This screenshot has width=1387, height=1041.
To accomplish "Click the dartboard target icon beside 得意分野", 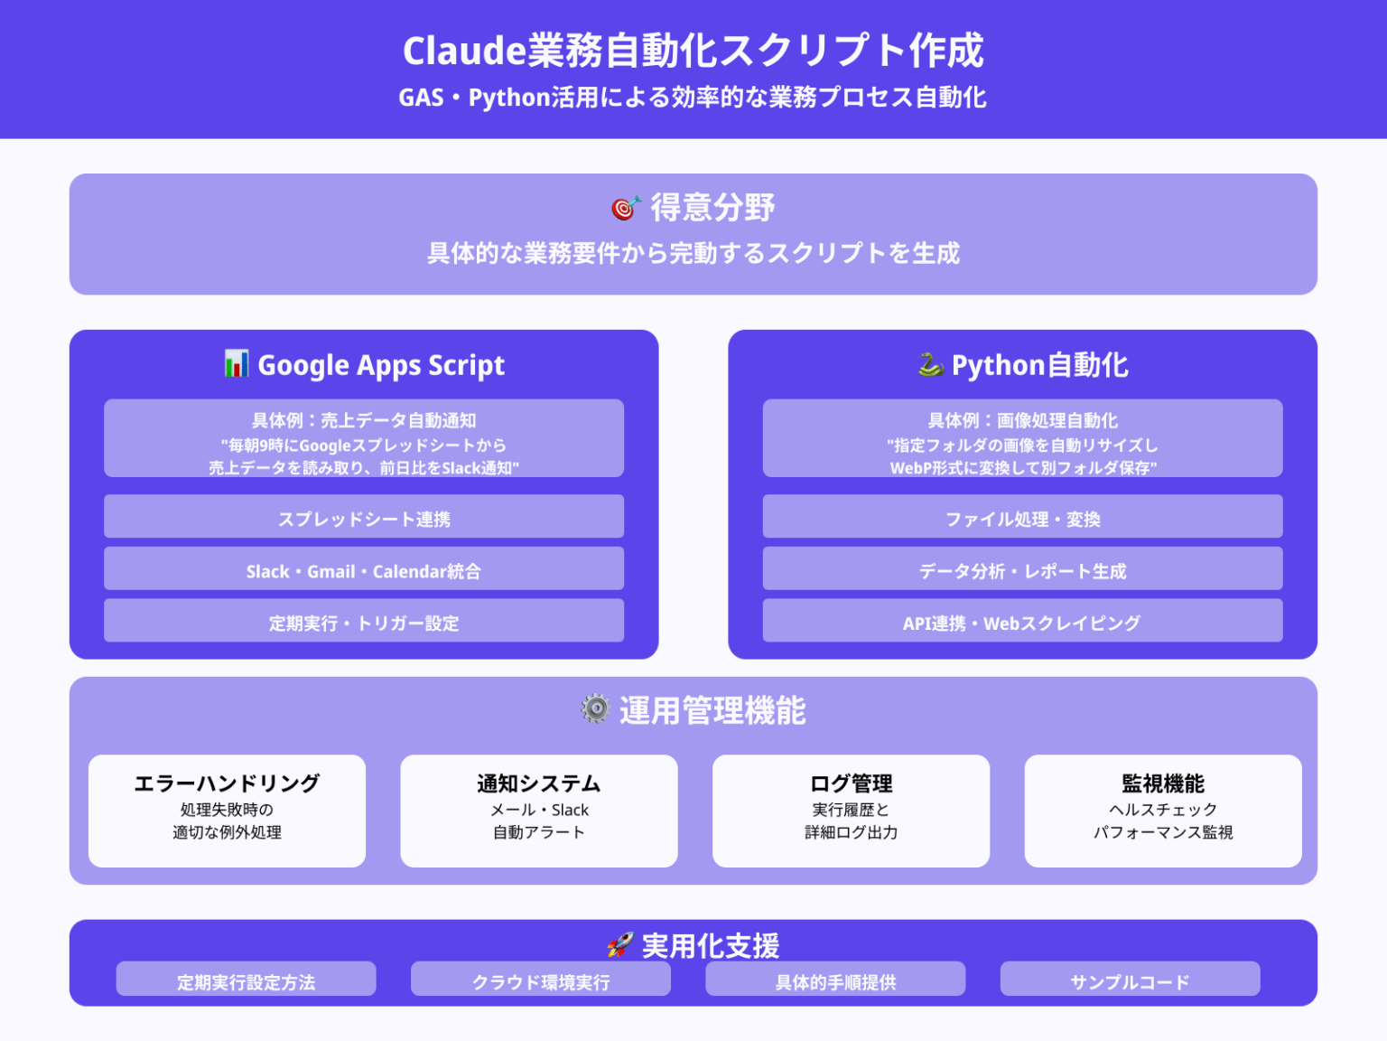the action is pyautogui.click(x=626, y=207).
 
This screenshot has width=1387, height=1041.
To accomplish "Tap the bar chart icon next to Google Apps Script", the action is pyautogui.click(x=237, y=363).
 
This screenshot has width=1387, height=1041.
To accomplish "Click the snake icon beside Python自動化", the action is pyautogui.click(x=930, y=365).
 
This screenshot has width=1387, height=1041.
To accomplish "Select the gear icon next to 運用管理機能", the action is pyautogui.click(x=595, y=708).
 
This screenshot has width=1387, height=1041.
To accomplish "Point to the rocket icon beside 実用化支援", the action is pyautogui.click(x=620, y=945).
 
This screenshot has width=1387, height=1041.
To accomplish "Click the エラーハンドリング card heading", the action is pyautogui.click(x=227, y=783).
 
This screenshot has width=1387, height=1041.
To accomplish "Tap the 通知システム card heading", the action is pyautogui.click(x=539, y=783).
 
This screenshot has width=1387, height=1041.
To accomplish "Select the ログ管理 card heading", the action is pyautogui.click(x=852, y=783).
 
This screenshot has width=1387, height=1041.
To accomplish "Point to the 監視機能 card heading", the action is pyautogui.click(x=1163, y=783).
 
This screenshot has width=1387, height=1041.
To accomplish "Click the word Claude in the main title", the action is pyautogui.click(x=464, y=51).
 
